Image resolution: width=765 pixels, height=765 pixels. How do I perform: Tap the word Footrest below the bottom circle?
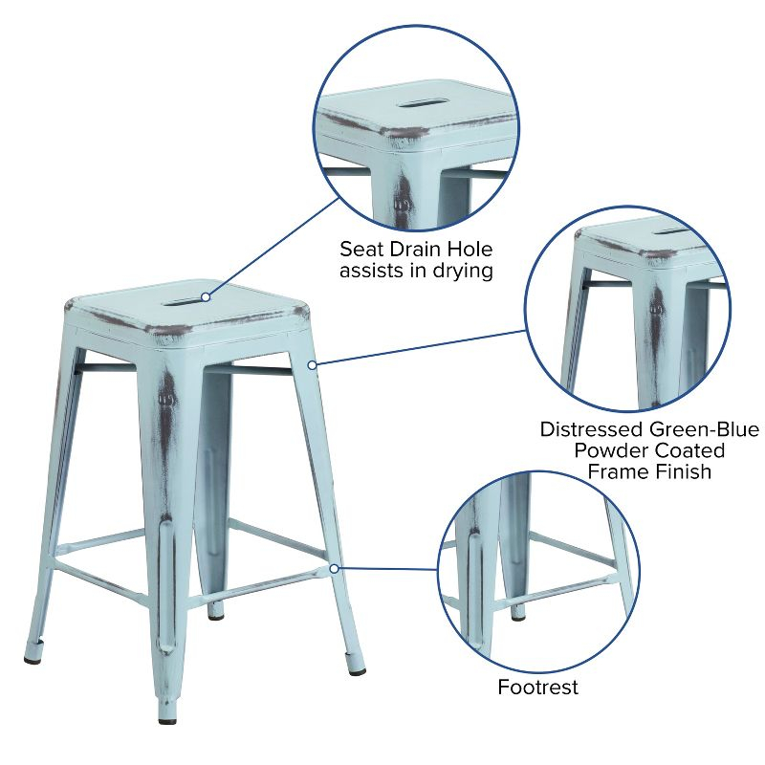click(x=537, y=688)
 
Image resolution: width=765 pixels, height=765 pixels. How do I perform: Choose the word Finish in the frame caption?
click(x=680, y=471)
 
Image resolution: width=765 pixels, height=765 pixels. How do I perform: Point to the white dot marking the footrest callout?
click(x=334, y=568)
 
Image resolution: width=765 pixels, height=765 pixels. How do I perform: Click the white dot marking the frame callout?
click(x=312, y=364)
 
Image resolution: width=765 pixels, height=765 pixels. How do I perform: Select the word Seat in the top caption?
click(x=361, y=250)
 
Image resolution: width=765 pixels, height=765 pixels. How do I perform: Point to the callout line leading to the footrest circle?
click(x=387, y=568)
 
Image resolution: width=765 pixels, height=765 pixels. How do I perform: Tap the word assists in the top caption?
click(x=378, y=272)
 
